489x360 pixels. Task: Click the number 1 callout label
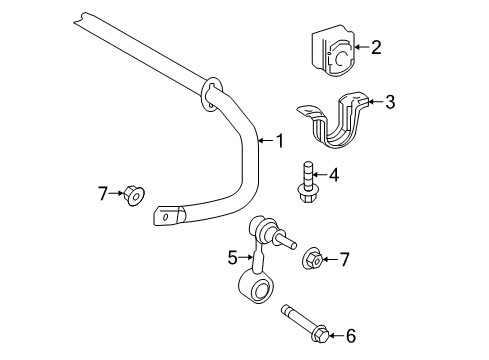coord(280,139)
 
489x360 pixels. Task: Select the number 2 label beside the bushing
coord(376,46)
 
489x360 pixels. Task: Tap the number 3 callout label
coord(390,101)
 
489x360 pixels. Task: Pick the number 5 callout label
coord(232,257)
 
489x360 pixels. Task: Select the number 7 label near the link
coord(344,259)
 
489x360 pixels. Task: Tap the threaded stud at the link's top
coord(286,241)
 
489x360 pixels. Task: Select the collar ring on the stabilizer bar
coord(211,92)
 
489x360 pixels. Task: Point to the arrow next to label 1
coord(265,139)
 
